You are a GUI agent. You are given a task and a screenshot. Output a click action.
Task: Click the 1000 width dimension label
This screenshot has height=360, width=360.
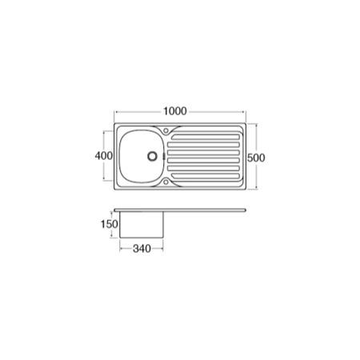tap(175, 111)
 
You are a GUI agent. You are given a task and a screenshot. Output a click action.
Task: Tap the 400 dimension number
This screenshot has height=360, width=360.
tap(104, 155)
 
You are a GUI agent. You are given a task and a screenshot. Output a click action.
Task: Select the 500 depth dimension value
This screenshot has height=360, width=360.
tap(256, 158)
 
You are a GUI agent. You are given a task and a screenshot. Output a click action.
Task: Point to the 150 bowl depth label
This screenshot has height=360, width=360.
tap(110, 224)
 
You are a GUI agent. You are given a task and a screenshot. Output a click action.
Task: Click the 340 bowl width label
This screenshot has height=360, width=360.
tap(142, 249)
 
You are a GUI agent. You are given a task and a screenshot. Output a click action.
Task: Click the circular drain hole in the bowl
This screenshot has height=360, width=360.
tap(152, 156)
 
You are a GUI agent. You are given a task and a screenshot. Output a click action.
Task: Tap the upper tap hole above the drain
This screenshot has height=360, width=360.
tap(166, 130)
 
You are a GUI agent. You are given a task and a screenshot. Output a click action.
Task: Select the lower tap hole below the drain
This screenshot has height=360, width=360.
tap(166, 182)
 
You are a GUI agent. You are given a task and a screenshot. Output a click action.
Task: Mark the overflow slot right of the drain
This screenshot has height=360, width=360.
tap(163, 156)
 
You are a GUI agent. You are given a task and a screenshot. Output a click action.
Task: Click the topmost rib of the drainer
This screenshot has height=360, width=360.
tap(206, 137)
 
